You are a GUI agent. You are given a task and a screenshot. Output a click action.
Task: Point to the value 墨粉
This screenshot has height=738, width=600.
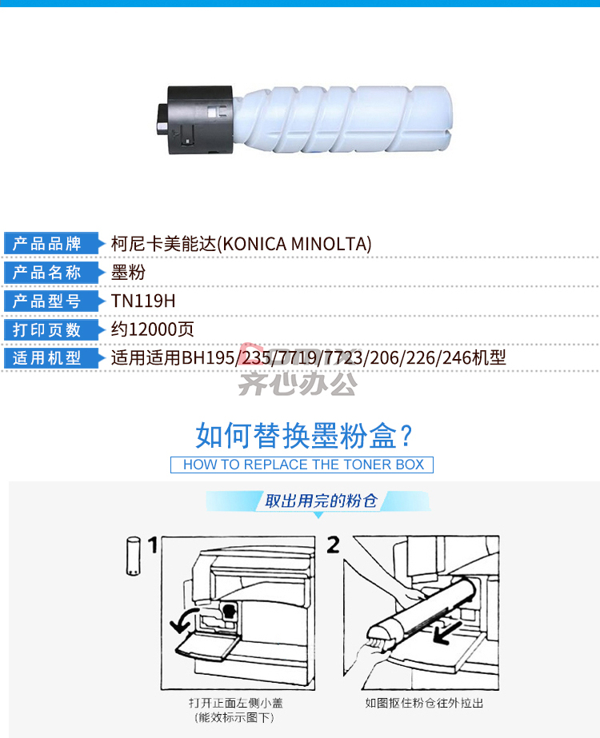[128, 273]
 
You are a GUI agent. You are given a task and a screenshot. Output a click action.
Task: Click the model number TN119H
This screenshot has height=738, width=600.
[143, 301]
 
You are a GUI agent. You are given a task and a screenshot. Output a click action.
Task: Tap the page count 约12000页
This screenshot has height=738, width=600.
[153, 329]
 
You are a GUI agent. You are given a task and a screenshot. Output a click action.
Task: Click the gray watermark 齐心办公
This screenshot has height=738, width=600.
[298, 384]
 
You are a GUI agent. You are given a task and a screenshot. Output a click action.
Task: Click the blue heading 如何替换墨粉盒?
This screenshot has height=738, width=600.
[304, 436]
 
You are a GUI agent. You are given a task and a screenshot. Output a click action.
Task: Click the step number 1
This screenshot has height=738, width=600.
[153, 545]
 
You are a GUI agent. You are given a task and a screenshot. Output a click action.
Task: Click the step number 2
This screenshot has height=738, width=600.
[333, 545]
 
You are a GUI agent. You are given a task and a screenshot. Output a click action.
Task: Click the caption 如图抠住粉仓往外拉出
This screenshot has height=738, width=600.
[424, 703]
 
